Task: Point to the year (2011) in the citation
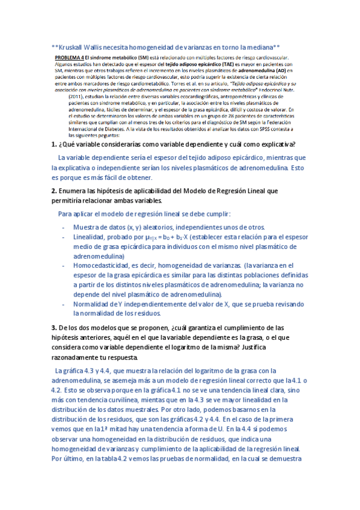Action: (x=77, y=96)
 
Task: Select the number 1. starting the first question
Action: (x=54, y=145)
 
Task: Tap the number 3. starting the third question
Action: (x=54, y=328)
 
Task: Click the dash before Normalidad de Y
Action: (x=64, y=304)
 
